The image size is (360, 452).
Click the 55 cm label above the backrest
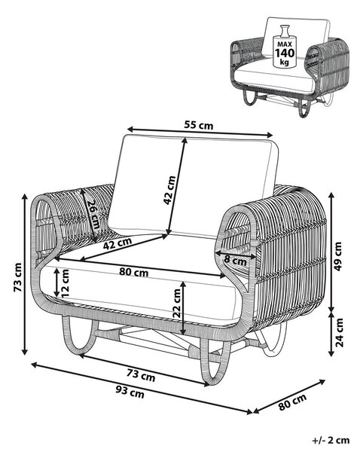coord(199,125)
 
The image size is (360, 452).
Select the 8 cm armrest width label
coord(236,261)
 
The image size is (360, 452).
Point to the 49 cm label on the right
coord(337,256)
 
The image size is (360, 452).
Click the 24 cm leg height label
coord(339,332)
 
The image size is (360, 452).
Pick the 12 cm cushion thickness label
coord(65,283)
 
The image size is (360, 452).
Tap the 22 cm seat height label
coord(176,303)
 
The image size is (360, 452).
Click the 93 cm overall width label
coord(130,392)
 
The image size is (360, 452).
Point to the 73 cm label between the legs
coord(141,375)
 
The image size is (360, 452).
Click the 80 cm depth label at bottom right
coord(292,402)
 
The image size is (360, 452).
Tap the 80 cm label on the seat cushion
coord(134,272)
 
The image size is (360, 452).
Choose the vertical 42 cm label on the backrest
coord(169,191)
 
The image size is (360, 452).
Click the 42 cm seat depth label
coord(117,244)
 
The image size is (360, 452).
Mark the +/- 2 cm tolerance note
coord(331,440)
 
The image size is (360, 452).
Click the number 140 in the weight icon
coord(285,53)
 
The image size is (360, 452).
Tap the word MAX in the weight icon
coord(285,44)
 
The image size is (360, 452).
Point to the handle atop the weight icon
coord(284,30)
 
